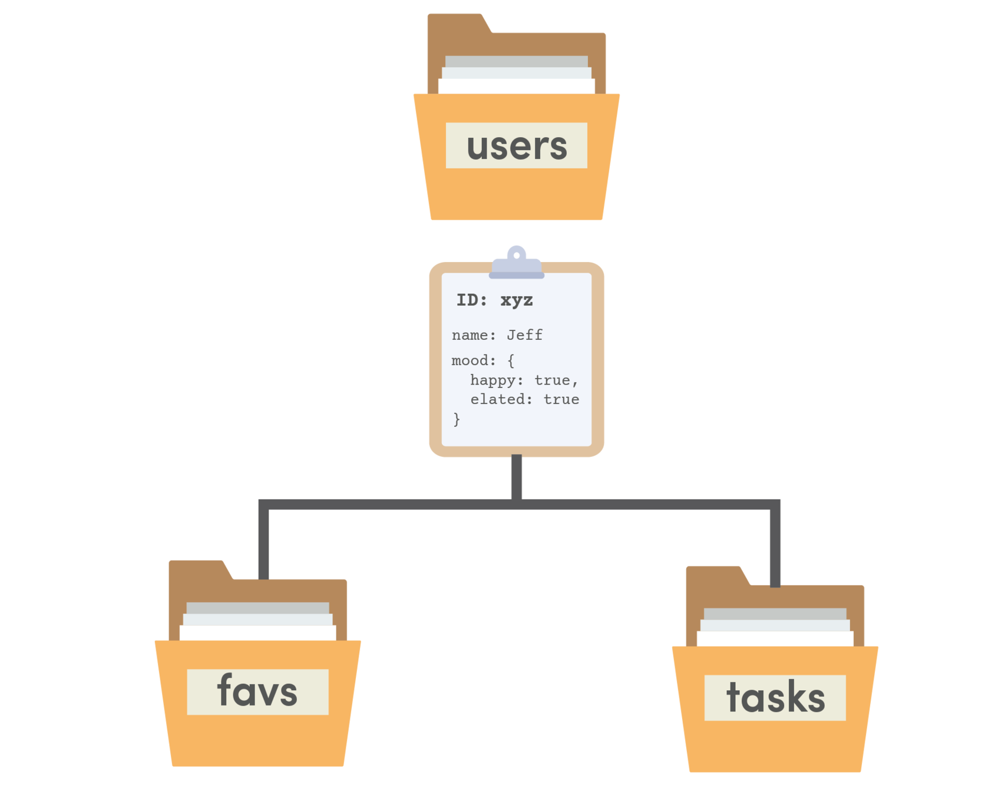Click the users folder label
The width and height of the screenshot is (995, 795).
point(517,145)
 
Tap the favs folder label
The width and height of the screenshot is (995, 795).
point(257,691)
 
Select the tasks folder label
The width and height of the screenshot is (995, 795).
point(775,697)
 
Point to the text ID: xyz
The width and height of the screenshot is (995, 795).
point(494,300)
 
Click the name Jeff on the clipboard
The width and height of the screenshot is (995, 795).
point(524,335)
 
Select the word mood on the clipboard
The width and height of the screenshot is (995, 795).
point(470,360)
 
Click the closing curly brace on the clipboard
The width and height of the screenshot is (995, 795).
point(457,419)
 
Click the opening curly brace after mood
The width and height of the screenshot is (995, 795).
point(511,360)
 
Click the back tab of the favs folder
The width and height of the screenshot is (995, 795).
point(197,570)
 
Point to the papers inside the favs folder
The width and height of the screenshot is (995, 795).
point(257,622)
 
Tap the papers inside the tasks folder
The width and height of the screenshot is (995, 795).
point(775,628)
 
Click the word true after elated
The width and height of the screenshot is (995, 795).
point(561,399)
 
